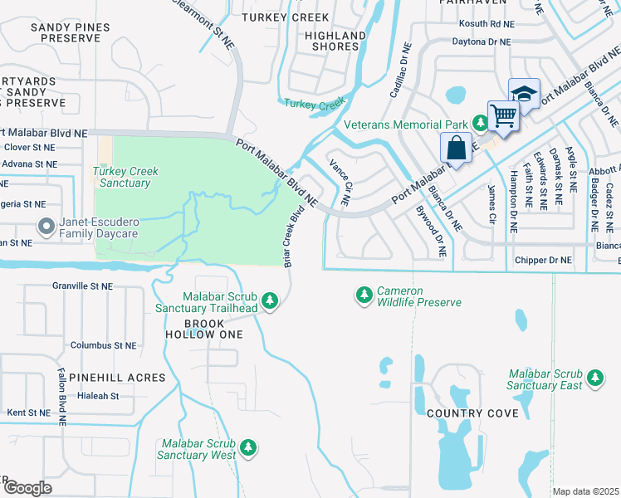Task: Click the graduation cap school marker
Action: tap(524, 93)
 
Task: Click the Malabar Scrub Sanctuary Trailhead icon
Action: tap(269, 300)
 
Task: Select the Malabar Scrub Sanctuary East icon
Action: tap(594, 378)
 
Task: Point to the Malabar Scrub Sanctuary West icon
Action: tap(248, 449)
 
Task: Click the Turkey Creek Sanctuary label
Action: tap(125, 176)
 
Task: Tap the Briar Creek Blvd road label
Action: tap(291, 237)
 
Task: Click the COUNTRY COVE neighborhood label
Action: tap(467, 413)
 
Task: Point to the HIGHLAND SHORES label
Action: tap(335, 41)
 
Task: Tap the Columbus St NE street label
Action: tap(103, 344)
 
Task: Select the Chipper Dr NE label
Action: tap(544, 260)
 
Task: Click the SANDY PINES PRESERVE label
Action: tap(60, 32)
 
